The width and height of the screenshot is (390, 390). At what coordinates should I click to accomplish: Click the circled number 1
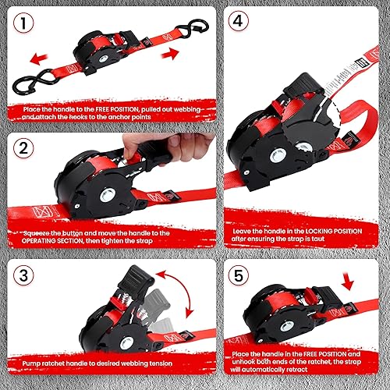tap(27, 24)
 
